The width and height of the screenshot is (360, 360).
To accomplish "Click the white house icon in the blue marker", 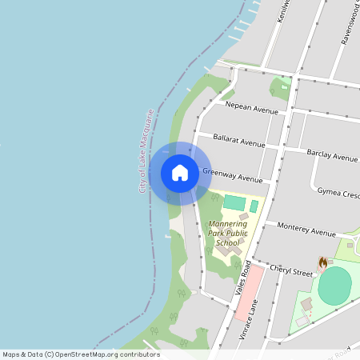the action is [180, 173].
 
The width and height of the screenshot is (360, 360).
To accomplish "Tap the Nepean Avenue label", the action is [251, 106].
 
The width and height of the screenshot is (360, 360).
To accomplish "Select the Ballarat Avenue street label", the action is [238, 142].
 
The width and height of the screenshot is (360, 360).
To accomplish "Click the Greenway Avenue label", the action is [232, 175].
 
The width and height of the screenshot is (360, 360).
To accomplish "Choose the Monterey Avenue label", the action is [306, 230].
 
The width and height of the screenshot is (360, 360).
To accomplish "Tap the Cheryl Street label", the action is [290, 271].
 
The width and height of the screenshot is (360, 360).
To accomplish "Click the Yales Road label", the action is [244, 281].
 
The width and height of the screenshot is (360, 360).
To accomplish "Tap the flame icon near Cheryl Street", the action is [322, 262].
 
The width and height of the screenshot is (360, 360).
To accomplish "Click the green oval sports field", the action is [334, 286].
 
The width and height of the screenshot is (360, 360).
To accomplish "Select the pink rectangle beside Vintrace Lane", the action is [249, 294].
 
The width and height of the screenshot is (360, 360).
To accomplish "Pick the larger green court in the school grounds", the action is [234, 202].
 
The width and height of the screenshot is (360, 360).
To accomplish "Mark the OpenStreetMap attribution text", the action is [81, 354].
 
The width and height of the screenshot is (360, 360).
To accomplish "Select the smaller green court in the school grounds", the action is [254, 206].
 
